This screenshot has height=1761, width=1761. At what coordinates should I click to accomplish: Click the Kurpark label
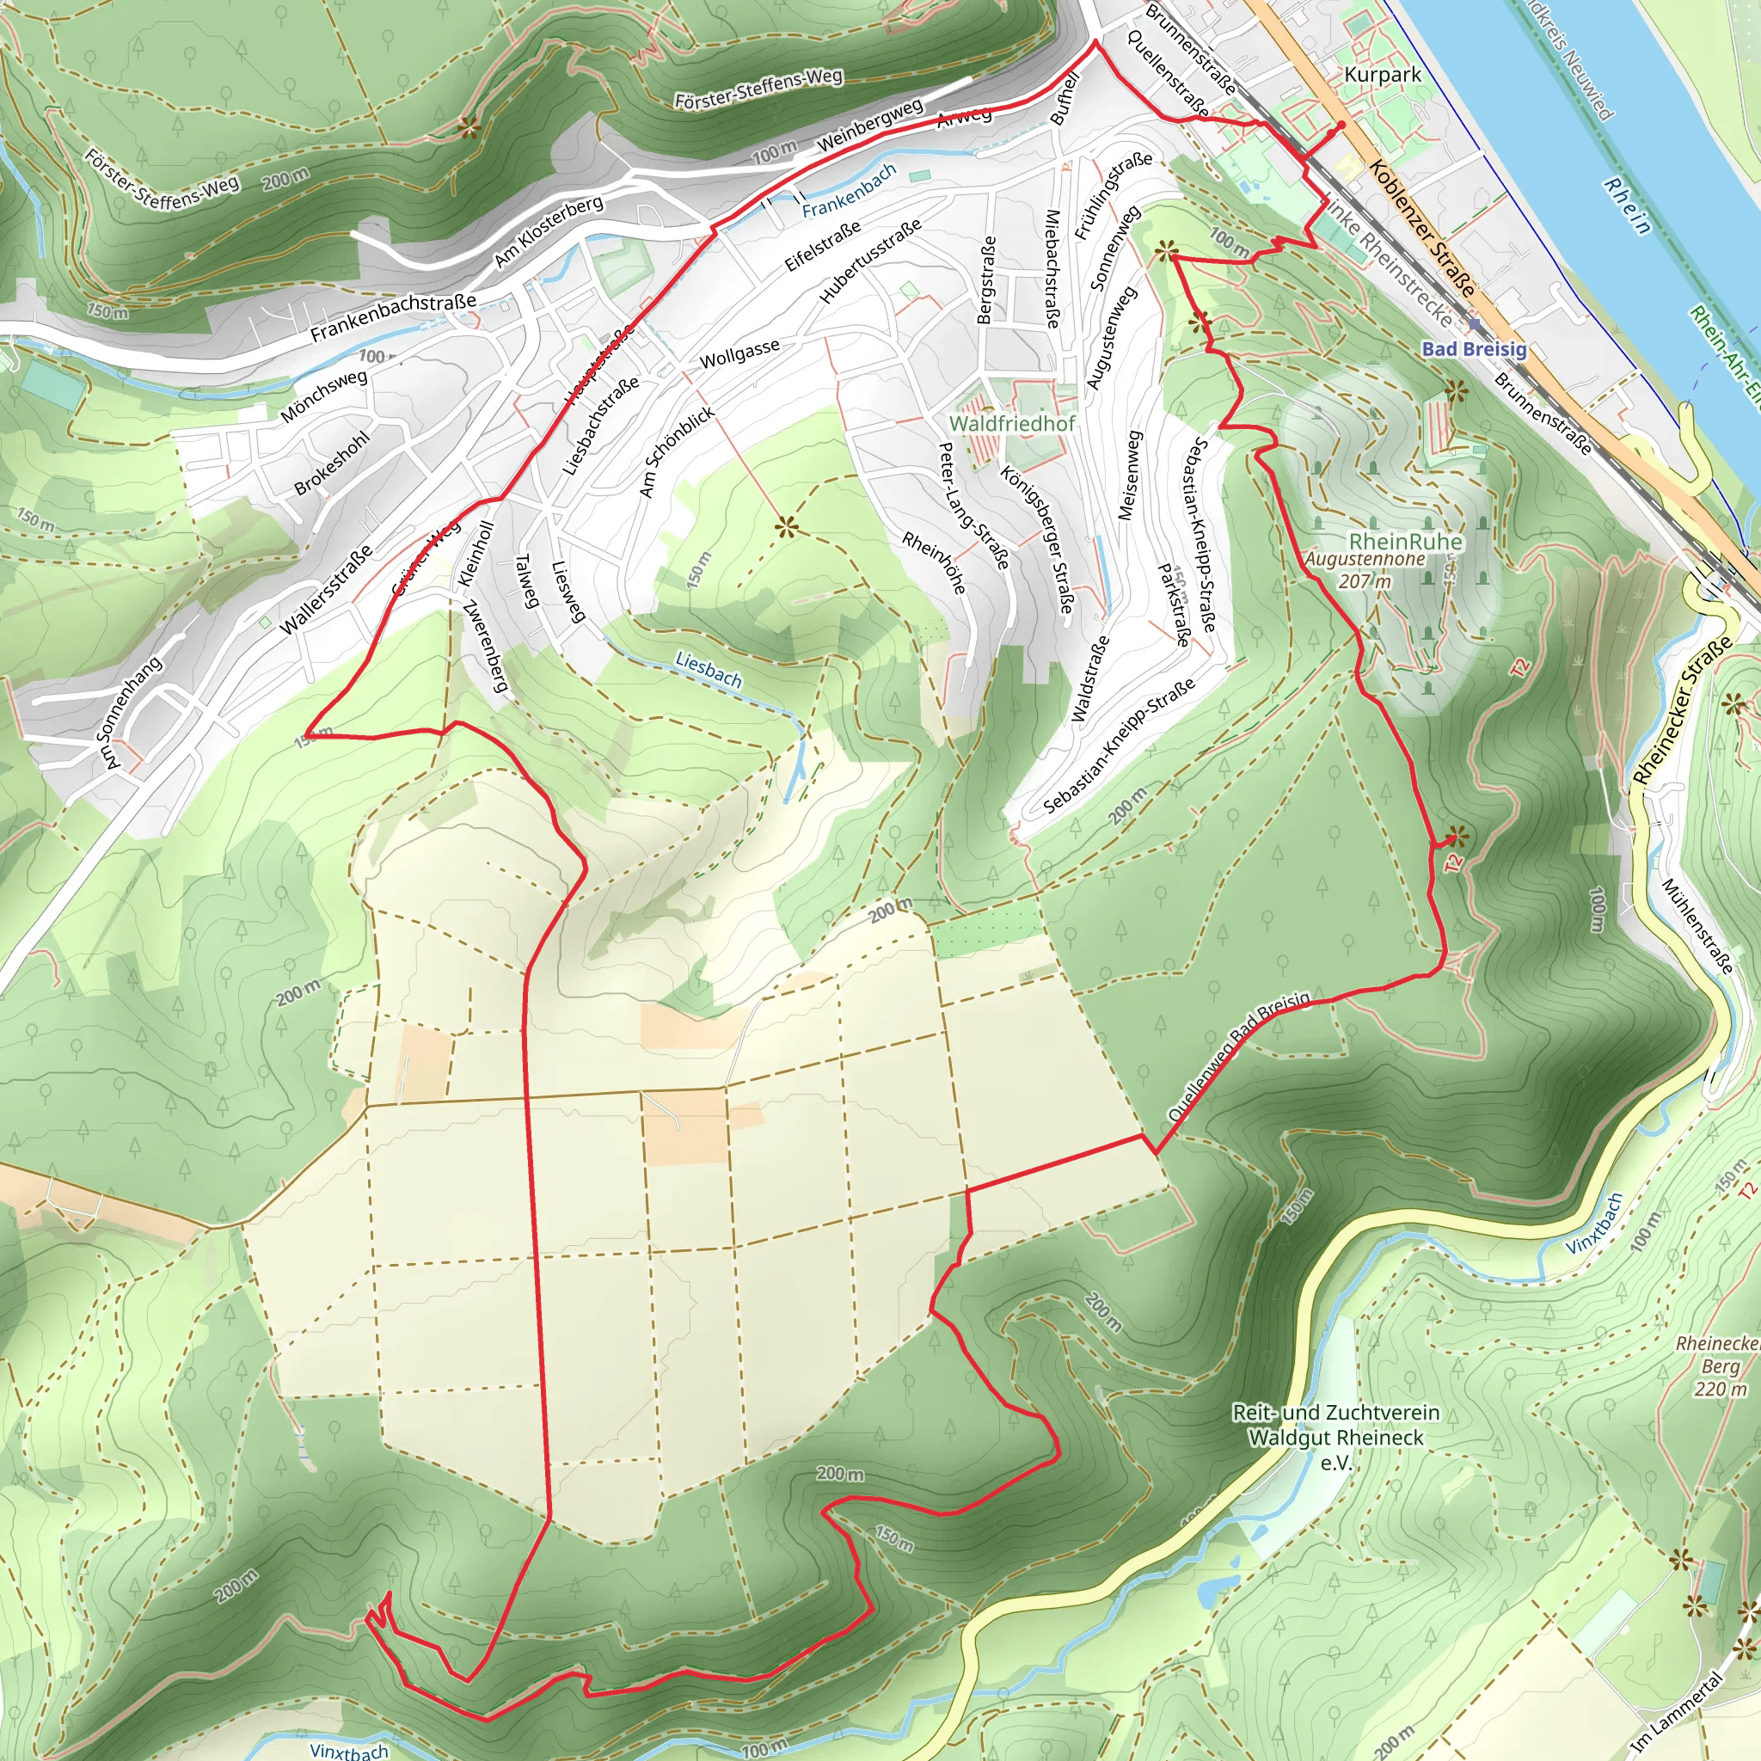click(x=1382, y=75)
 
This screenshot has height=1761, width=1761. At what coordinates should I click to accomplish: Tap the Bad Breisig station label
click(x=1473, y=349)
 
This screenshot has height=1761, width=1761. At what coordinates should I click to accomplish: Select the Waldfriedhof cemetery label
click(x=1012, y=424)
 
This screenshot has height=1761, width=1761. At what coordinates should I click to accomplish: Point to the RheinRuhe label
click(x=1406, y=543)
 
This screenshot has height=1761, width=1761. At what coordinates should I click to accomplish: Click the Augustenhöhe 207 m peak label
click(x=1365, y=570)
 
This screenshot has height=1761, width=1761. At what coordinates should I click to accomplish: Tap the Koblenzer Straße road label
click(x=1421, y=228)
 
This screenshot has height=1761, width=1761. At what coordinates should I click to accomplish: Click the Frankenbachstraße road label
click(x=393, y=318)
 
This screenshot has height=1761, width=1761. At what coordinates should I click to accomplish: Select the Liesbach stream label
click(x=709, y=670)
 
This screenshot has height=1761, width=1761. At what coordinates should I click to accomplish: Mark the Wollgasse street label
click(x=739, y=353)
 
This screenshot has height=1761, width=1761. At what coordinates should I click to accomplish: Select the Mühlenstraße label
click(x=1697, y=926)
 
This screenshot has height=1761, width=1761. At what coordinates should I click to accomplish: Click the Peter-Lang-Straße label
click(x=973, y=506)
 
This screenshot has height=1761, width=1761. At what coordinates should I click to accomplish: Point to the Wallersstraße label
click(x=325, y=590)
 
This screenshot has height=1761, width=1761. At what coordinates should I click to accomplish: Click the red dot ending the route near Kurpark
click(x=1341, y=126)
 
